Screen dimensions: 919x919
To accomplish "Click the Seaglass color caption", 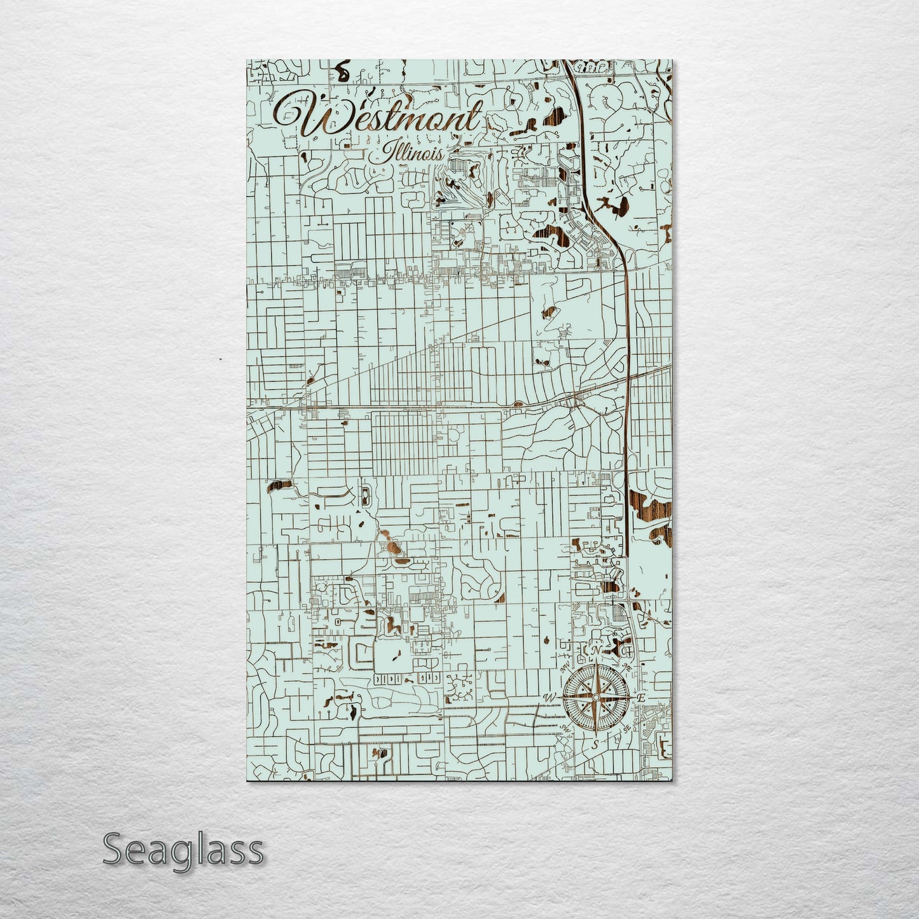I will [x=183, y=849].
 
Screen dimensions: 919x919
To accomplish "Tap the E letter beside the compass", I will [x=642, y=698].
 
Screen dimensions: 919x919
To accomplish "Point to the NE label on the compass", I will [x=628, y=667].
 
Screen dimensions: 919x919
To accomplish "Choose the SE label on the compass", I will [x=627, y=729].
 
